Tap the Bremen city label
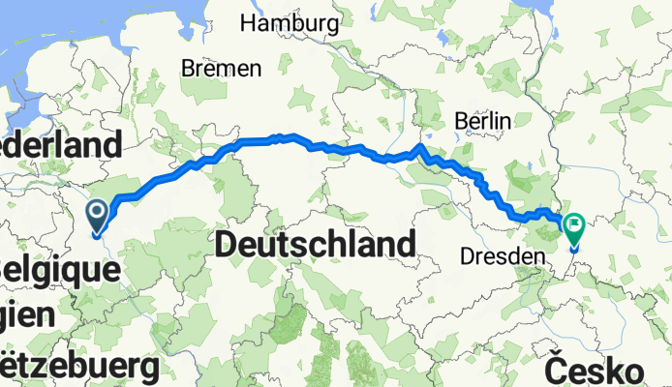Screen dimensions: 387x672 click(221, 69)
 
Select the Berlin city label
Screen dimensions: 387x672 click(482, 120)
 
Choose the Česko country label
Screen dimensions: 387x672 click(594, 370)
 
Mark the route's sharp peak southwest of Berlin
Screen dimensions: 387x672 click(420, 146)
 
